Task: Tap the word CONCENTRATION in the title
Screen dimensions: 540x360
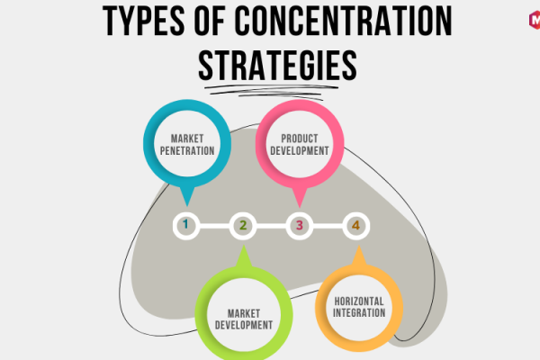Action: pyautogui.click(x=343, y=21)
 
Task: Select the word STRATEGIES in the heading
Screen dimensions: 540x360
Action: pyautogui.click(x=277, y=66)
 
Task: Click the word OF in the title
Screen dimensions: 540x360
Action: pyautogui.click(x=210, y=21)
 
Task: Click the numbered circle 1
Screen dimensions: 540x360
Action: pyautogui.click(x=186, y=226)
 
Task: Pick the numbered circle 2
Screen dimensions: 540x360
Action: pyautogui.click(x=243, y=226)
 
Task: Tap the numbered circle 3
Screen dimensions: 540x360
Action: pyautogui.click(x=300, y=226)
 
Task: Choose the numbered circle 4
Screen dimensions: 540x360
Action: pyautogui.click(x=356, y=226)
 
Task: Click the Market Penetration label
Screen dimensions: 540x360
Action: pyautogui.click(x=187, y=145)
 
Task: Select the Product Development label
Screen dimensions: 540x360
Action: pyautogui.click(x=300, y=145)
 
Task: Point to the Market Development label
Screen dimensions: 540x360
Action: pyautogui.click(x=244, y=319)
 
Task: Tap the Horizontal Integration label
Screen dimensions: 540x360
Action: pyautogui.click(x=359, y=307)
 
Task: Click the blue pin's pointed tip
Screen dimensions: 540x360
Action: pyautogui.click(x=187, y=206)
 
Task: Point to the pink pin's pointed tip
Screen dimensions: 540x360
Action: pyautogui.click(x=300, y=207)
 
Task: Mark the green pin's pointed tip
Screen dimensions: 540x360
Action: pyautogui.click(x=244, y=245)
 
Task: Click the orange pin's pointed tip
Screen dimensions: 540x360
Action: pyautogui.click(x=359, y=246)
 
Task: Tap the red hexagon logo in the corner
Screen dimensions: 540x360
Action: pyautogui.click(x=535, y=20)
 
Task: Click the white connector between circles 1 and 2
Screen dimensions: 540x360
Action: pyautogui.click(x=214, y=226)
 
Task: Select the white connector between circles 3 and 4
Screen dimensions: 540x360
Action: pyautogui.click(x=328, y=226)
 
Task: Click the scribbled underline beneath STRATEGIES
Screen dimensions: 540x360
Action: pyautogui.click(x=272, y=91)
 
